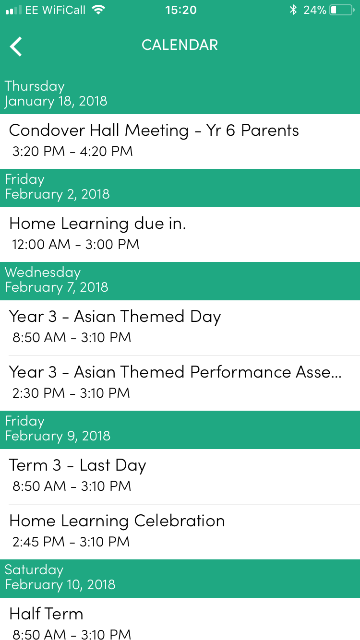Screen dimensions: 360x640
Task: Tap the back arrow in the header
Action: (16, 46)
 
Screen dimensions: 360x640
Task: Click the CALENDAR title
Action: (180, 45)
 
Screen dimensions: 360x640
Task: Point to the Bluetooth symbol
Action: (293, 10)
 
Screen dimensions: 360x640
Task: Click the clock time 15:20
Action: (180, 10)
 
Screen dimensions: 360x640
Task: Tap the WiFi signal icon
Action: (98, 10)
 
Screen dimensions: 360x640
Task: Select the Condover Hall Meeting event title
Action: (154, 130)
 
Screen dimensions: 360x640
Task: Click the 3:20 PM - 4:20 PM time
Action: (72, 151)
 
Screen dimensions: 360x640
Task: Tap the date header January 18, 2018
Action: (56, 101)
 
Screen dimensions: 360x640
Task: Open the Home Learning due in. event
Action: (97, 224)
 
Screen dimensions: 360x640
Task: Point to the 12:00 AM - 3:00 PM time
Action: (75, 244)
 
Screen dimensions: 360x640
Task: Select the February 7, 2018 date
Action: (56, 287)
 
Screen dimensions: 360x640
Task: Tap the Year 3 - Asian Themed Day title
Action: (115, 317)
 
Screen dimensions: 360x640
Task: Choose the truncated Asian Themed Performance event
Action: (175, 372)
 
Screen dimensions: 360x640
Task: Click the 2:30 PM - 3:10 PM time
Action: (71, 393)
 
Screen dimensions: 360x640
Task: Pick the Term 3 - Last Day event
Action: (77, 465)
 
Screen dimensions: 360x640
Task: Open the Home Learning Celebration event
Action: (117, 521)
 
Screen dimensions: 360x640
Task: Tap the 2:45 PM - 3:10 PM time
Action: (71, 542)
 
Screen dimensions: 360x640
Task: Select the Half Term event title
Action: (47, 614)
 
